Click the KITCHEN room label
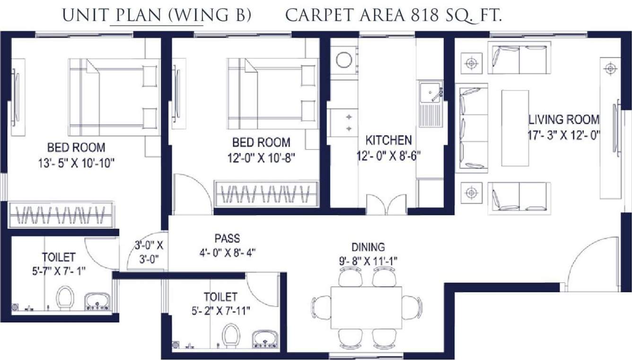(388, 140)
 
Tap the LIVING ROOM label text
(563, 119)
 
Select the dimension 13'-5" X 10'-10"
(77, 163)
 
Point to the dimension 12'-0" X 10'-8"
(261, 157)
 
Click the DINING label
(368, 246)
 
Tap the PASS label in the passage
(227, 238)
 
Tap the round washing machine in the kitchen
(343, 60)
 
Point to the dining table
(366, 307)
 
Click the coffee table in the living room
(515, 128)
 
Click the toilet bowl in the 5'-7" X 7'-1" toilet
(65, 298)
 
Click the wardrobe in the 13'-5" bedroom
(61, 215)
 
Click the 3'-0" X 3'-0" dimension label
(149, 252)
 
